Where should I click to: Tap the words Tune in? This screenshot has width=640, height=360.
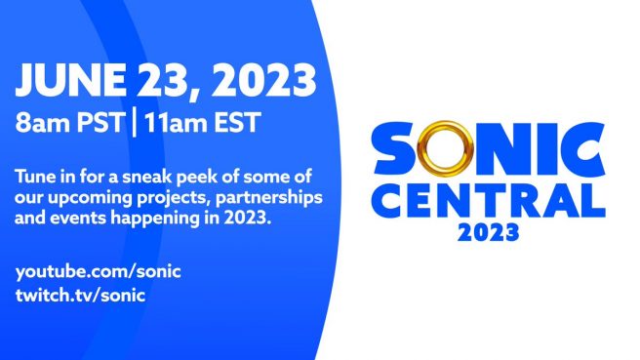[50, 178]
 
